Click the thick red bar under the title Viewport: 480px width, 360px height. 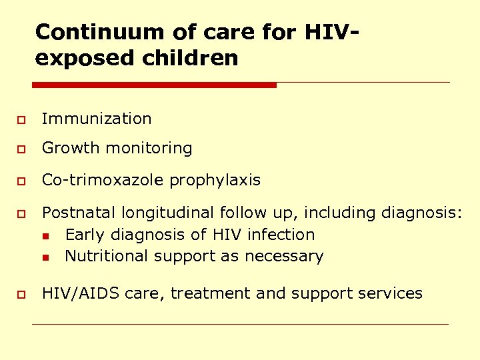coord(154,85)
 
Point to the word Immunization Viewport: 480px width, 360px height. coord(97,119)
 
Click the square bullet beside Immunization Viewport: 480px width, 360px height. coord(21,120)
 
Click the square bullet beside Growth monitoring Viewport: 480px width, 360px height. coord(21,149)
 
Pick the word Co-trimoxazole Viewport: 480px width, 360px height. coord(103,181)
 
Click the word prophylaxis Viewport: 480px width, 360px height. coord(215,181)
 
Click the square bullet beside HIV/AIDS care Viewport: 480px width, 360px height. coord(21,295)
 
